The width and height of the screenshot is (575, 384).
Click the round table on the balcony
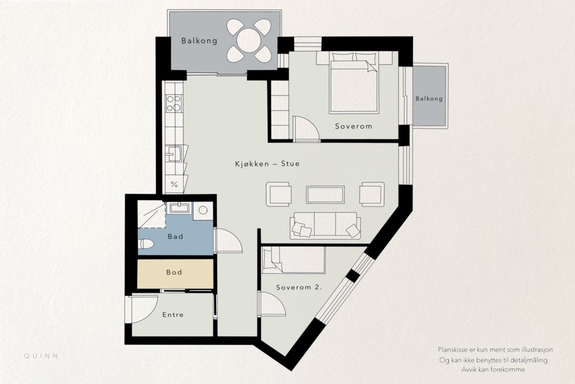[248, 40]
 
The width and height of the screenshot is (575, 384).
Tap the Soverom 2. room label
[299, 287]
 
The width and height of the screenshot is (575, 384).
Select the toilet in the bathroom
[146, 244]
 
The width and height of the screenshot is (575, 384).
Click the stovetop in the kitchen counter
[174, 103]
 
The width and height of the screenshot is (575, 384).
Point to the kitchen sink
[174, 154]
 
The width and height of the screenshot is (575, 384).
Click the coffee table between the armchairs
[325, 195]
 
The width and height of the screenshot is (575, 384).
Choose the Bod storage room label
[174, 272]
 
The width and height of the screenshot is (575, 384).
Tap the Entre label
[173, 315]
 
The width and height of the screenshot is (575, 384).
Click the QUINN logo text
[41, 356]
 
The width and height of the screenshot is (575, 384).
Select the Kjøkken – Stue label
[267, 164]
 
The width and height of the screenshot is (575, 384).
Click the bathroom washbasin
[179, 208]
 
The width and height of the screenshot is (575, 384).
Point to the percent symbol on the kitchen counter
[174, 184]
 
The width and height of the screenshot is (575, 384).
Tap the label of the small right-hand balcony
[429, 99]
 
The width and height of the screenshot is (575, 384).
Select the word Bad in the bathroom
[175, 236]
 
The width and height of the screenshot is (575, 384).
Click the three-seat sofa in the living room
[325, 226]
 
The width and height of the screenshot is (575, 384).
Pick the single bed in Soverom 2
[293, 260]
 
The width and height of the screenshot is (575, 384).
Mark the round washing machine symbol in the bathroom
[203, 210]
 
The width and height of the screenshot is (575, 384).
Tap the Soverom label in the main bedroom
[354, 126]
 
